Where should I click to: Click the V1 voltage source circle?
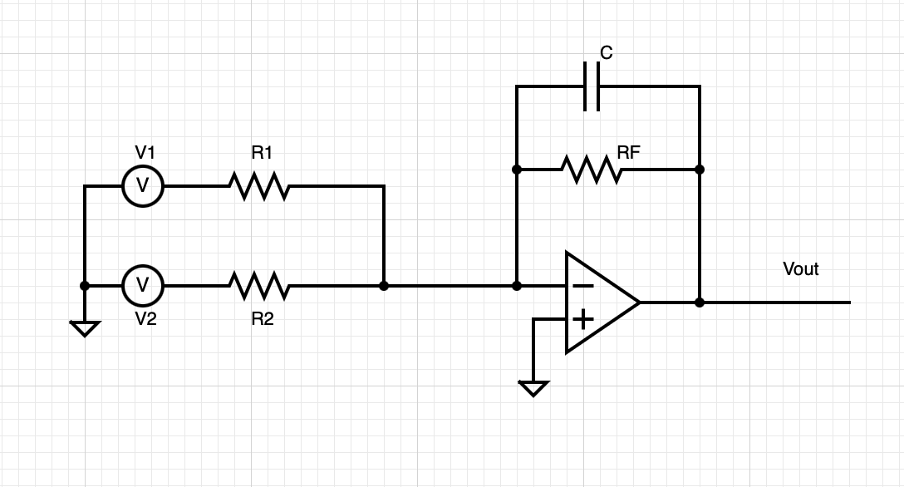pos(143,186)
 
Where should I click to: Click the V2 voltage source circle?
pos(143,286)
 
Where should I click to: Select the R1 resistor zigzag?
pos(259,186)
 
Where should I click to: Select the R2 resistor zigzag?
pos(259,286)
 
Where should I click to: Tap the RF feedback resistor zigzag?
pos(591,170)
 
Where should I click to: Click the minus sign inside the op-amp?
pos(583,286)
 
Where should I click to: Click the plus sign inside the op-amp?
pos(583,318)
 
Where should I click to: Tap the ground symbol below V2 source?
pos(85,328)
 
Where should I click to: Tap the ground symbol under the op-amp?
pos(533,388)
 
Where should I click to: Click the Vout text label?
pos(801,269)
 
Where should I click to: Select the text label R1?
pos(263,153)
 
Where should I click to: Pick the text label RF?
pos(629,152)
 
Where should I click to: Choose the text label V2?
pos(145,319)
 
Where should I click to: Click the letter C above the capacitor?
pos(606,53)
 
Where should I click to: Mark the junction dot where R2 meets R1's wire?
pos(384,286)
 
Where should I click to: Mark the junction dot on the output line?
pos(700,303)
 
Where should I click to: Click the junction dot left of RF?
pos(517,170)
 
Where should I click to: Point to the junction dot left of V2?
pos(85,286)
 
